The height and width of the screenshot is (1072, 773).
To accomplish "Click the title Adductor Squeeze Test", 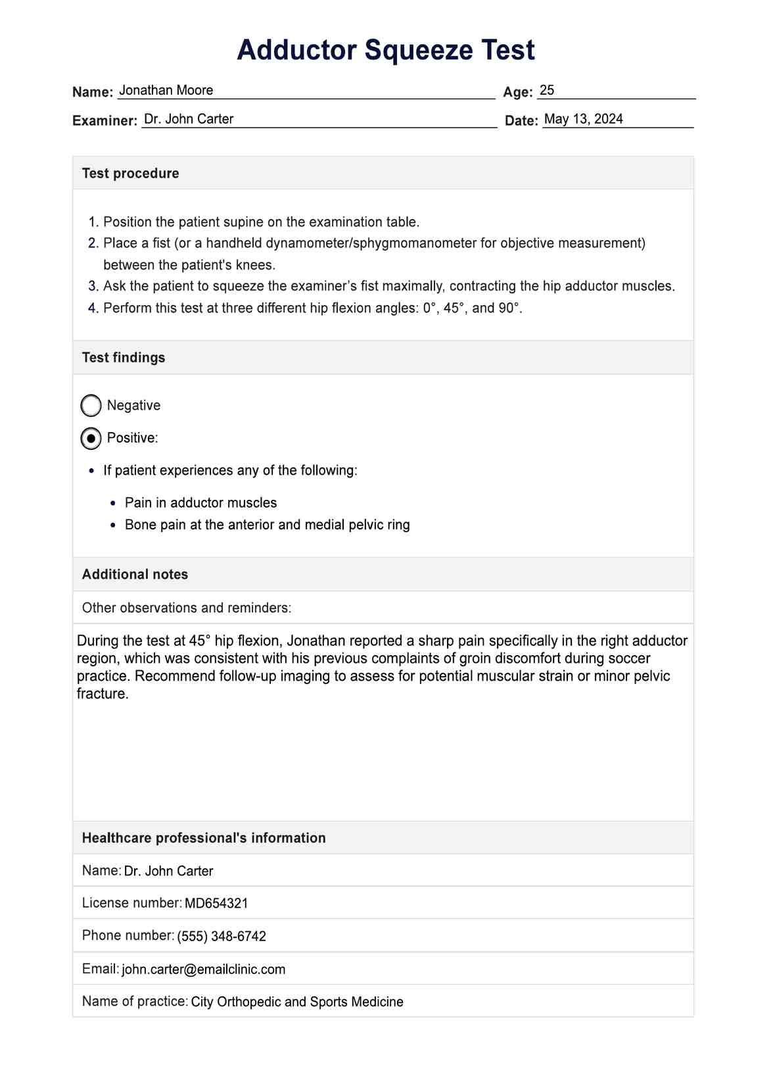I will point(386,50).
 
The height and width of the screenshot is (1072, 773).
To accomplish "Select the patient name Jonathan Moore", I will point(166,90).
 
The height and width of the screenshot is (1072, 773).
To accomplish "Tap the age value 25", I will point(547,90).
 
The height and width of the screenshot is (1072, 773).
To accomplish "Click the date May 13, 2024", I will point(584,119).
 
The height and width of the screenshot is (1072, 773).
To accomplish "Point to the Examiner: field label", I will point(105,120).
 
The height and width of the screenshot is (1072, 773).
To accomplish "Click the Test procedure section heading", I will point(130,173).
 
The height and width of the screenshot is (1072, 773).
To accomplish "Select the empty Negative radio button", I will point(91,406).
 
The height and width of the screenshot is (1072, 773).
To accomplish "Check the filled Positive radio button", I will point(91,438).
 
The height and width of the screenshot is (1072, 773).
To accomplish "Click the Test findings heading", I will point(124,358).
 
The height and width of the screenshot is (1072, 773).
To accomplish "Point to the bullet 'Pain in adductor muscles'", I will point(200,502).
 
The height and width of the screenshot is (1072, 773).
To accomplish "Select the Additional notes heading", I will point(135,574).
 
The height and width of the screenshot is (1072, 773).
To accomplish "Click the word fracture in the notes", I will point(101,694).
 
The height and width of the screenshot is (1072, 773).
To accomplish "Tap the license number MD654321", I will point(216,904).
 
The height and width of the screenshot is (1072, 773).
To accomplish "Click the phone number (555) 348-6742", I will point(222,937).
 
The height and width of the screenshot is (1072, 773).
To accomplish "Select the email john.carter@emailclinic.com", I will point(204,969).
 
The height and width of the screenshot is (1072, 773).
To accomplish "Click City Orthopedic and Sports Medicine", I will point(297,1002).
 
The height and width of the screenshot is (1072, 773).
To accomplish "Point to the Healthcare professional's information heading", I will point(204,838).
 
